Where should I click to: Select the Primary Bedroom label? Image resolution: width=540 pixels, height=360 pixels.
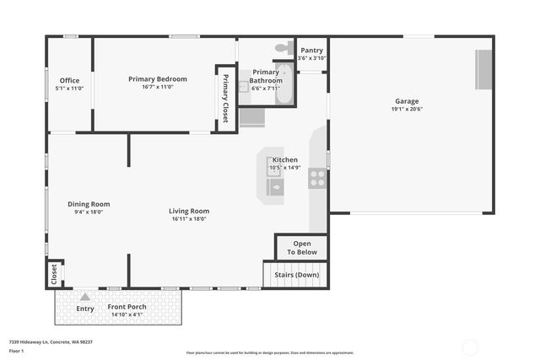click(158, 79)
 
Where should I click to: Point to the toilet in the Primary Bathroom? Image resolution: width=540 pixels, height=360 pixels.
click(284, 47)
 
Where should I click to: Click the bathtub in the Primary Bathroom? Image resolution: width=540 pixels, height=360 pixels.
click(284, 84)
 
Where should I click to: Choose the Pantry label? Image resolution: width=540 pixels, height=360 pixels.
click(311, 51)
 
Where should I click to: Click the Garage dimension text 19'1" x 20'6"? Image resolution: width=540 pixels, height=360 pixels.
click(406, 109)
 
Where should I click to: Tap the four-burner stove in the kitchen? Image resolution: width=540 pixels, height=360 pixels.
click(317, 178)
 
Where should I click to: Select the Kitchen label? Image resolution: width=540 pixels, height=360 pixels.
click(284, 159)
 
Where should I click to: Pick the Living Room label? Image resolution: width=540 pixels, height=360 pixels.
click(189, 211)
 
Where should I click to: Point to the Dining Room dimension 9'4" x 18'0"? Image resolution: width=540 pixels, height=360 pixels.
click(89, 212)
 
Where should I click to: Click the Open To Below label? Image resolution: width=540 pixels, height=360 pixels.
click(301, 248)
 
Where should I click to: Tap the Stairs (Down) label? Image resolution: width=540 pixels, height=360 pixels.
click(296, 275)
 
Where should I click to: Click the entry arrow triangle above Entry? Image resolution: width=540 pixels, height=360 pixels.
click(84, 297)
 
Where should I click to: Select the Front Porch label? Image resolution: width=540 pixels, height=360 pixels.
click(127, 307)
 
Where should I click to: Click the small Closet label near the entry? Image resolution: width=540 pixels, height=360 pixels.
click(55, 274)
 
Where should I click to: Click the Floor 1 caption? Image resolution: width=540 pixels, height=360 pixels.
click(17, 351)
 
